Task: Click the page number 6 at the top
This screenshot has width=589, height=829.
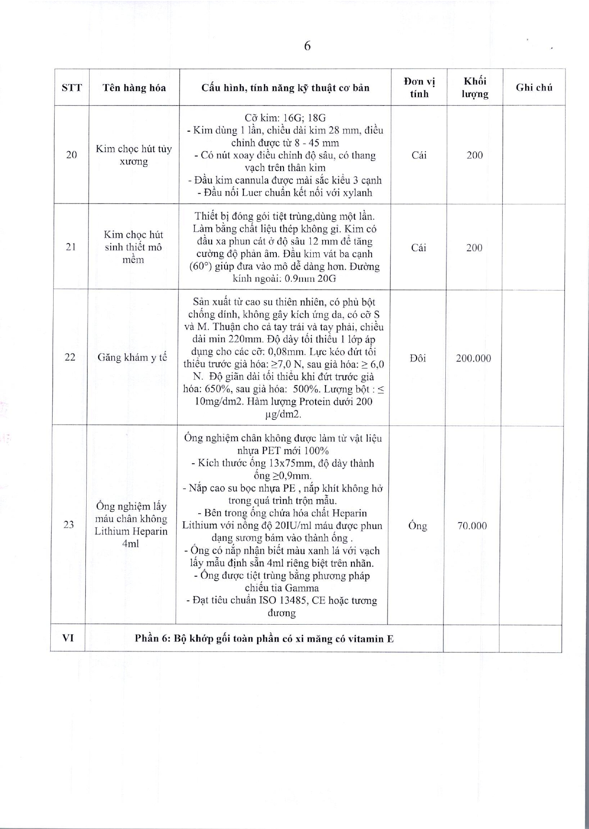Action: click(307, 46)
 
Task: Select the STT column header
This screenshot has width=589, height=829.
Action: click(72, 88)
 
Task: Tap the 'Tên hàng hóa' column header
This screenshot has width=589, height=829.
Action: click(134, 88)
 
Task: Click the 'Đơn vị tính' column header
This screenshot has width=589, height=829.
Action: click(419, 88)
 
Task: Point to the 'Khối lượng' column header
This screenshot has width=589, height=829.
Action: click(475, 88)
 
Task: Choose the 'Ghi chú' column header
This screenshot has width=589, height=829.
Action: click(534, 88)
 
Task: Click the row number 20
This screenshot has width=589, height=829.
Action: click(71, 155)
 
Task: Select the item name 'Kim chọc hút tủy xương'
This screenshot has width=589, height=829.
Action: click(134, 155)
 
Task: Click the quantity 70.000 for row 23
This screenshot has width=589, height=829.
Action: click(472, 526)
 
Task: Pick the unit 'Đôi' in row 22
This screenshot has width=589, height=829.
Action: click(418, 358)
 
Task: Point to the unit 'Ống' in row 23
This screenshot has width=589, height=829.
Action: click(418, 526)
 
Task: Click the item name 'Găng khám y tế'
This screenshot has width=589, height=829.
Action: click(132, 358)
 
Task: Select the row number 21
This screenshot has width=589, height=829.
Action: click(70, 247)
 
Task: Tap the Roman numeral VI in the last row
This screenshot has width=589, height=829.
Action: click(68, 638)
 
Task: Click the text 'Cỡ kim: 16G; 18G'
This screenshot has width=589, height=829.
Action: click(285, 118)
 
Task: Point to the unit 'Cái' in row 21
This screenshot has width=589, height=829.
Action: click(419, 247)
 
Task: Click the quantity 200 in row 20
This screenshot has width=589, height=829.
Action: click(475, 155)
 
